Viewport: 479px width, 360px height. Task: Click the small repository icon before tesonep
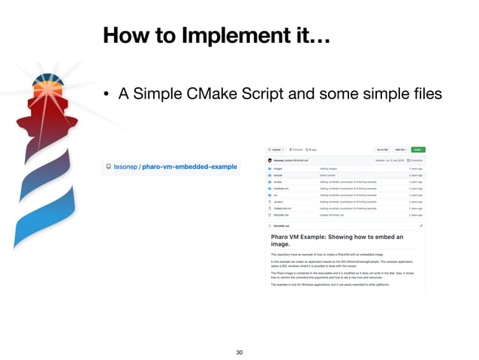tap(108, 166)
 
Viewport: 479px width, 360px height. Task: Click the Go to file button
tap(382, 150)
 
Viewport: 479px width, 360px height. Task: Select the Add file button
tap(401, 150)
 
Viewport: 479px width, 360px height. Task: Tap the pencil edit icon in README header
tap(421, 225)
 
